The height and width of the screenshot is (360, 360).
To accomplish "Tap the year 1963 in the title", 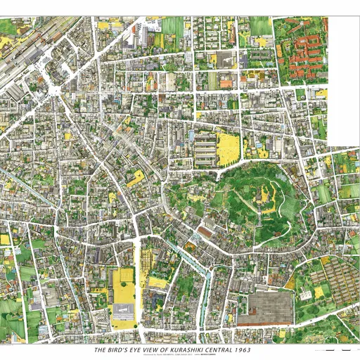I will (x=242, y=349).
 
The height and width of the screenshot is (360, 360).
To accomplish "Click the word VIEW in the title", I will (x=149, y=349).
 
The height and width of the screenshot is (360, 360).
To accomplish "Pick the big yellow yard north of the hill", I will (x=228, y=148).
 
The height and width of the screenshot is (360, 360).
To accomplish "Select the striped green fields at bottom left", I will (x=14, y=309).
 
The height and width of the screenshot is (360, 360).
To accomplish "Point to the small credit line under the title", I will (x=172, y=355).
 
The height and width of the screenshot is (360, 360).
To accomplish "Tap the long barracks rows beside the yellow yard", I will (x=205, y=148).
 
